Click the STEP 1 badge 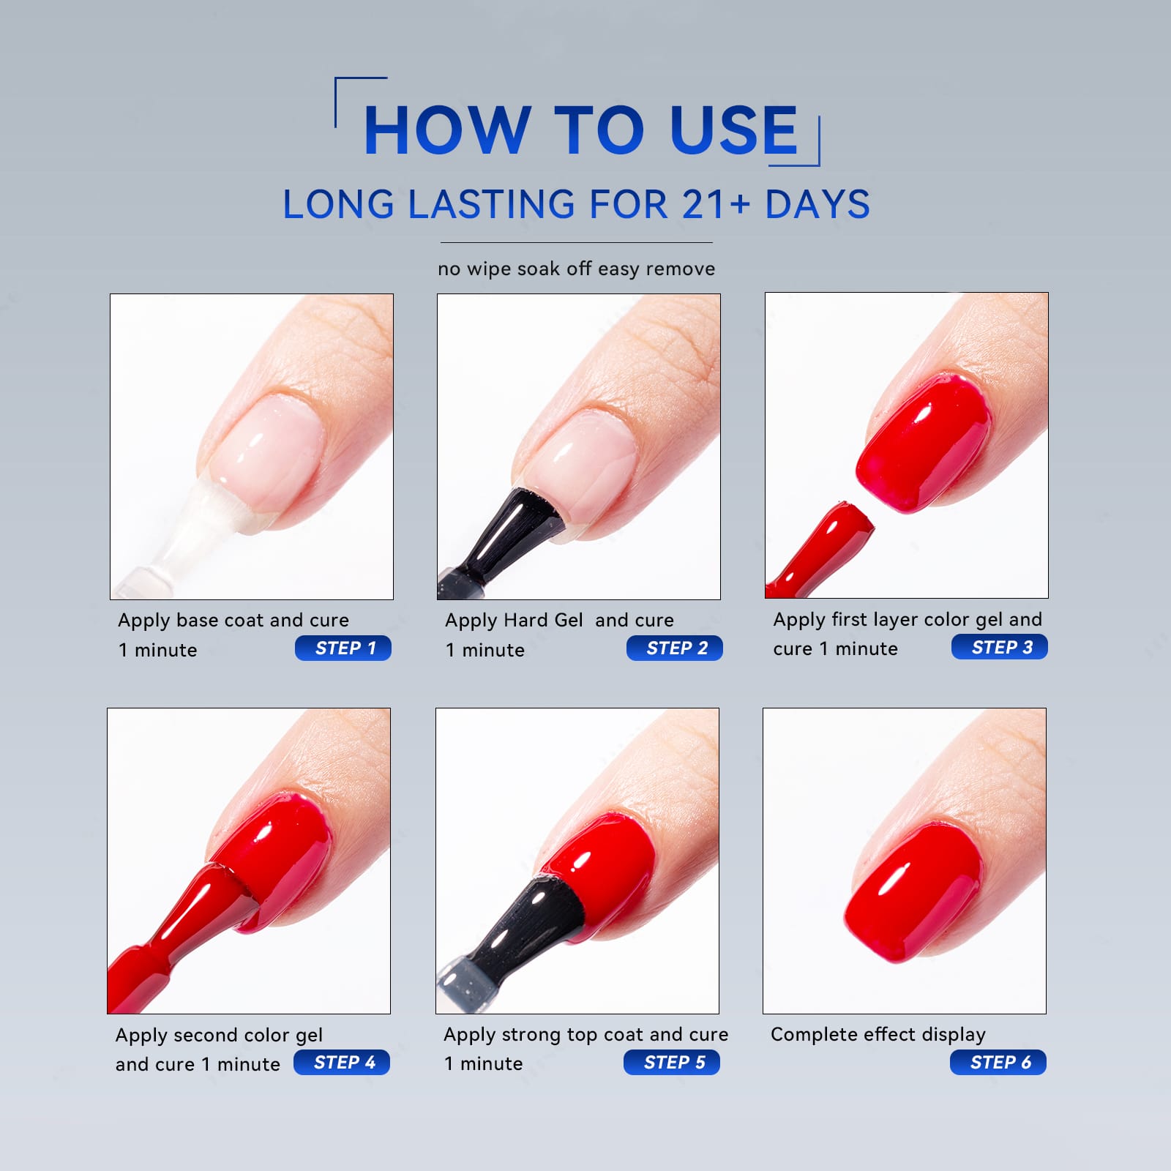343,648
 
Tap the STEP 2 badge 675,648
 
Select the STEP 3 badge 1000,647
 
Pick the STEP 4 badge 342,1062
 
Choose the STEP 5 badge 672,1062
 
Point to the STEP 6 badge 998,1062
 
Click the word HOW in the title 447,130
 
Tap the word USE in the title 733,130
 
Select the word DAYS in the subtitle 818,204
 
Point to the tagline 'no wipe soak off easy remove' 577,269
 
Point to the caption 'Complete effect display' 878,1035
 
